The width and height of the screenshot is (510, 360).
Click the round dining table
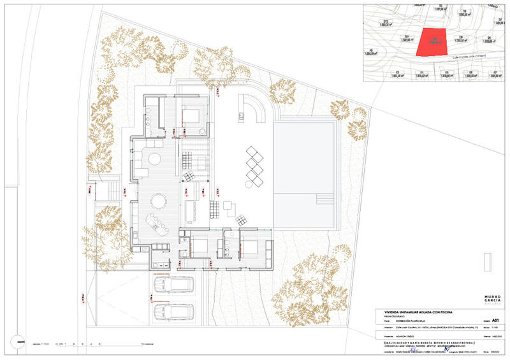point(157,201)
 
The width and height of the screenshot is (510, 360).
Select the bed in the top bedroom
point(191,115)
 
